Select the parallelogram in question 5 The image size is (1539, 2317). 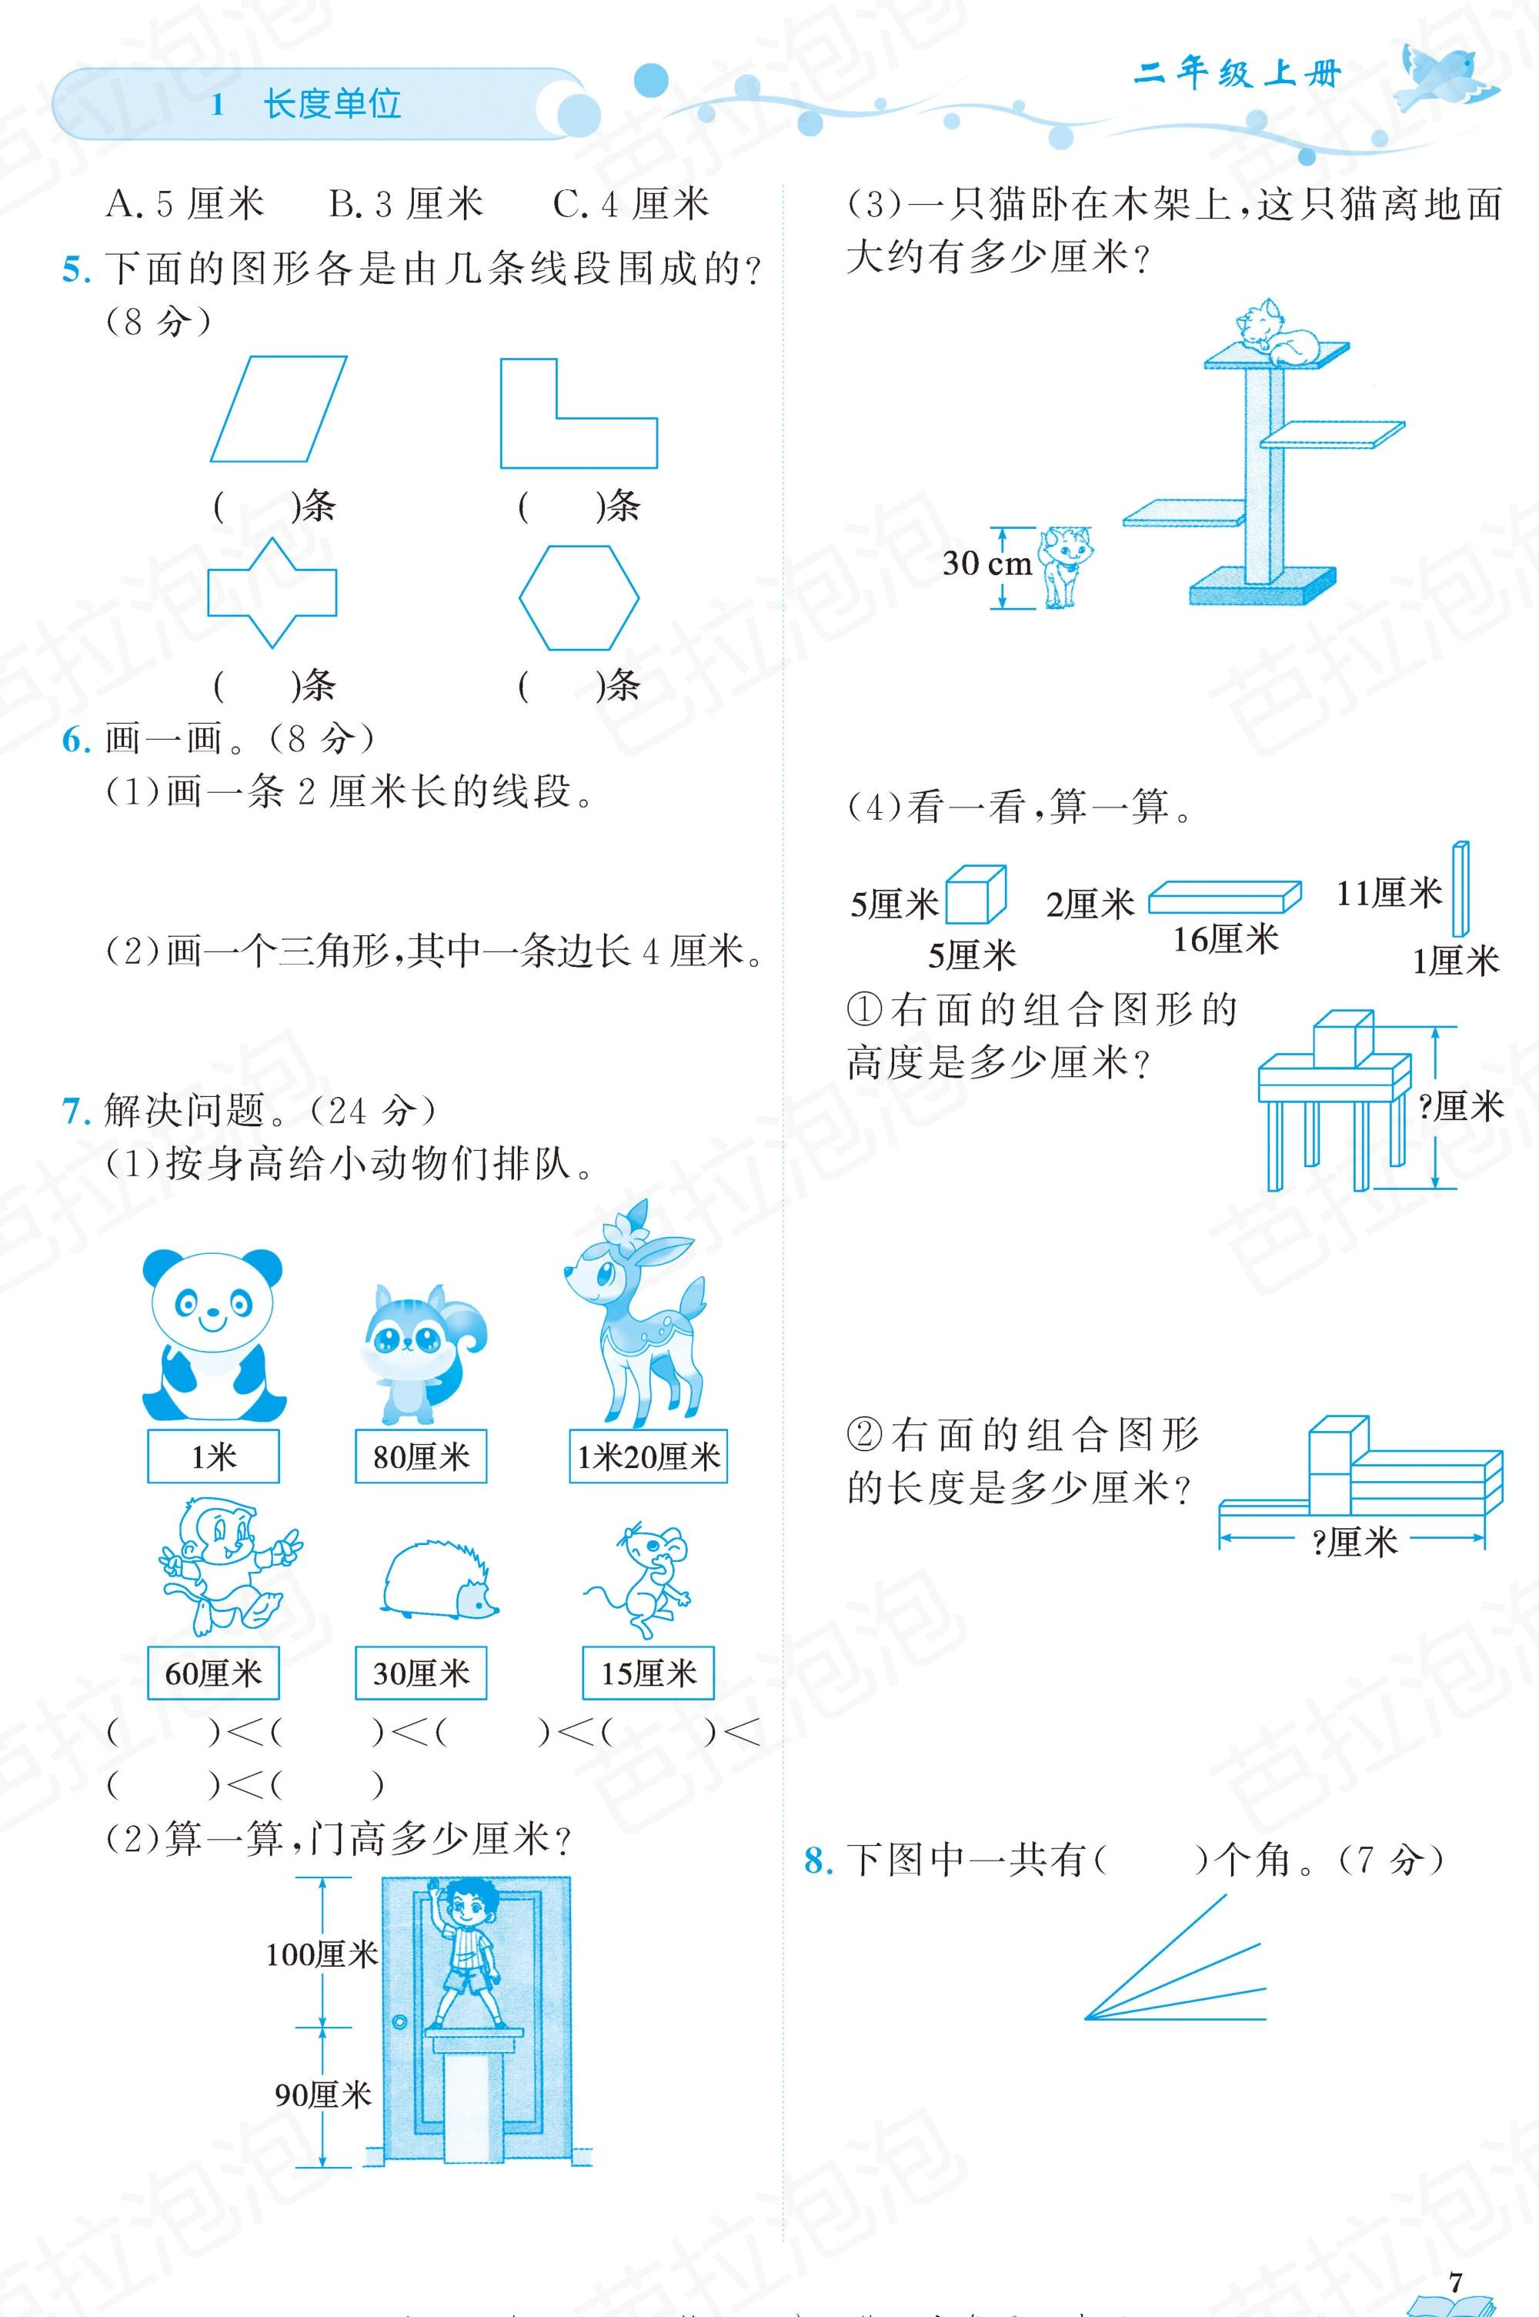click(279, 409)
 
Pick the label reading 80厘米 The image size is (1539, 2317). click(421, 1456)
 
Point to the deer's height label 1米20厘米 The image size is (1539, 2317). click(648, 1456)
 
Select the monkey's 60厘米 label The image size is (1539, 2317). click(213, 1672)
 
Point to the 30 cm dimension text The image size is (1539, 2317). click(986, 563)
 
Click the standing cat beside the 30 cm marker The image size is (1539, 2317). click(1066, 567)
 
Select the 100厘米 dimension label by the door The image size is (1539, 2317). click(321, 1954)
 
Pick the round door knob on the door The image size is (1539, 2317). click(399, 2022)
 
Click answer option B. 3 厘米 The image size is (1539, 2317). click(406, 204)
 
